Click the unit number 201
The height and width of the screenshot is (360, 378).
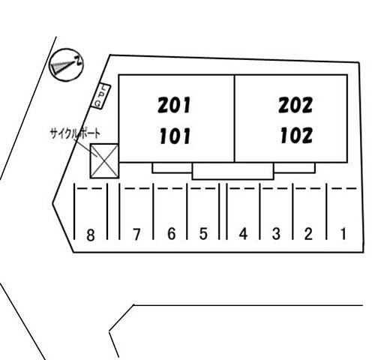[174, 105]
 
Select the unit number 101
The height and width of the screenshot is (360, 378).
[175, 136]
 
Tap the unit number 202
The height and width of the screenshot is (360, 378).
[295, 105]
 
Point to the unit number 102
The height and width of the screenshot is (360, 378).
[296, 135]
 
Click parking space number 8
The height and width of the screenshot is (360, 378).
[91, 235]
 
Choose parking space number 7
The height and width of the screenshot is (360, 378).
[136, 235]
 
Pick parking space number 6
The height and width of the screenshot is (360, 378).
[171, 234]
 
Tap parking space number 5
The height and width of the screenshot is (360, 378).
[203, 234]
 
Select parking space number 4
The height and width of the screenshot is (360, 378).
[243, 234]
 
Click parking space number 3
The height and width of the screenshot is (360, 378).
[276, 234]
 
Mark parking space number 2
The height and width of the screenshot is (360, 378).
[308, 234]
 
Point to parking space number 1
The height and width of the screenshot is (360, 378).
[343, 234]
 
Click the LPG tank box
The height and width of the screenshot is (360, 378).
[100, 96]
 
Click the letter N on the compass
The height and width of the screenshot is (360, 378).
[79, 61]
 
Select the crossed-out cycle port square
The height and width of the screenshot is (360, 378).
[104, 161]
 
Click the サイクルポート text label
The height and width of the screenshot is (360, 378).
[75, 133]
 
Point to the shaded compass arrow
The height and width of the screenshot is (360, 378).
[63, 67]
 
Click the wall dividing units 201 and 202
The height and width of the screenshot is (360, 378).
[235, 118]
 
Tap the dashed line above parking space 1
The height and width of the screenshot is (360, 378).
[344, 188]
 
